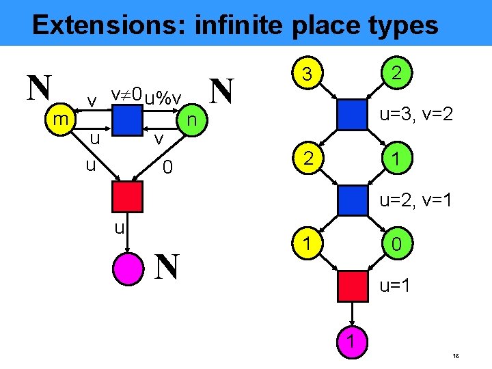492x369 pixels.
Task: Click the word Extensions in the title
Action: pos(109,25)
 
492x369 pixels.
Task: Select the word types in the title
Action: pos(403,25)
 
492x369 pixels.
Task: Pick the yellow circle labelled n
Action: pos(193,120)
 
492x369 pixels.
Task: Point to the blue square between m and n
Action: pos(128,120)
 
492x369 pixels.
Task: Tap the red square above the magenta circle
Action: pos(128,196)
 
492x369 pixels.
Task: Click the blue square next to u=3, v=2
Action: pos(353,114)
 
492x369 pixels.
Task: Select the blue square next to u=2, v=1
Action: pos(353,200)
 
